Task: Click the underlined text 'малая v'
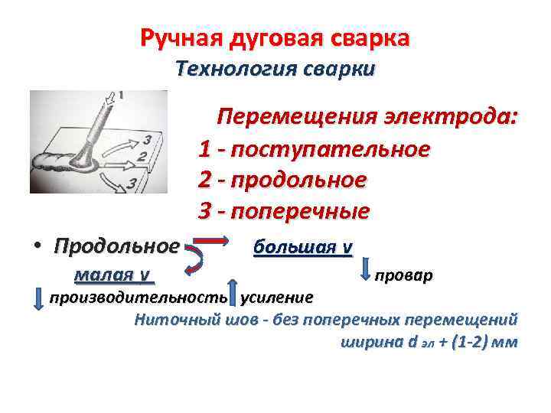111,275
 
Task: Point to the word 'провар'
404,275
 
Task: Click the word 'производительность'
138,297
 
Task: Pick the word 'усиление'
276,297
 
